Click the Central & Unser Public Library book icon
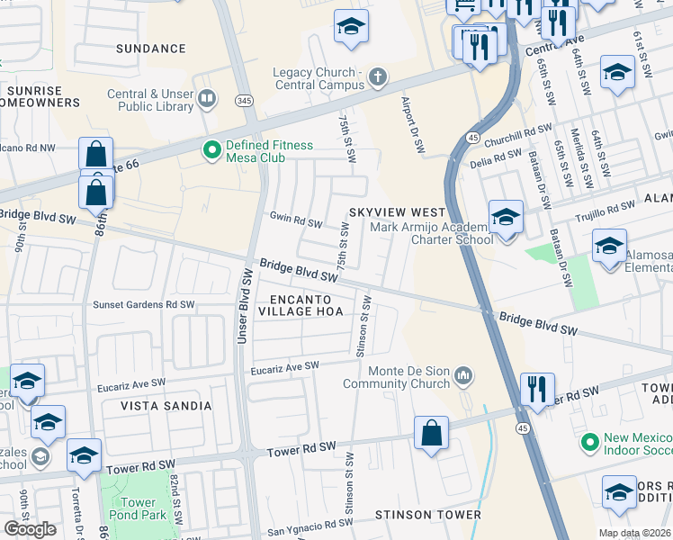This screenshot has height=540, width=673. (x=208, y=98)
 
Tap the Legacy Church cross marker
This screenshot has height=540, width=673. (x=377, y=78)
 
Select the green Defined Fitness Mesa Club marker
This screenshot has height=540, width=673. (x=212, y=150)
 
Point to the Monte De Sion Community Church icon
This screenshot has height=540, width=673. (x=464, y=373)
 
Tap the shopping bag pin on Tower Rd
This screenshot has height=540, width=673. (x=432, y=433)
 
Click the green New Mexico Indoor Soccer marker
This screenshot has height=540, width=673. (x=589, y=442)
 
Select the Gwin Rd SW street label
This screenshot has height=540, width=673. (x=296, y=222)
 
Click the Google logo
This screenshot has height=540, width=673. (x=30, y=529)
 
